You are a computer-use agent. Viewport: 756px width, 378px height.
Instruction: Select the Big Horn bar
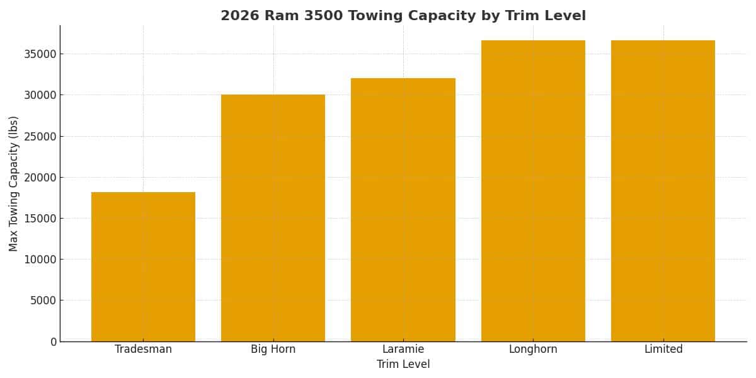coord(273,218)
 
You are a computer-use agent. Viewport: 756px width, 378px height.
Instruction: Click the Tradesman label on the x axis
coord(143,350)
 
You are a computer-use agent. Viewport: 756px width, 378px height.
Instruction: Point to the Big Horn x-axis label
coord(273,350)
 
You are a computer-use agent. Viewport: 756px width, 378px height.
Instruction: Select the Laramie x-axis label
coord(403,350)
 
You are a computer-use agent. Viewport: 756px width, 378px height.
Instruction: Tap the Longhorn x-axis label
coord(533,350)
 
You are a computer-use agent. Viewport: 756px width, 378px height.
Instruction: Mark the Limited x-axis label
coord(663,350)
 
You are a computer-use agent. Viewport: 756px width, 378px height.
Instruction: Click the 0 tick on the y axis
coord(53,341)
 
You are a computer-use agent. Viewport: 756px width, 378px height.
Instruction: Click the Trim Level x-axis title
coord(403,365)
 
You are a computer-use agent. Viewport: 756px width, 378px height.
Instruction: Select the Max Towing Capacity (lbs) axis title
coord(14,183)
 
